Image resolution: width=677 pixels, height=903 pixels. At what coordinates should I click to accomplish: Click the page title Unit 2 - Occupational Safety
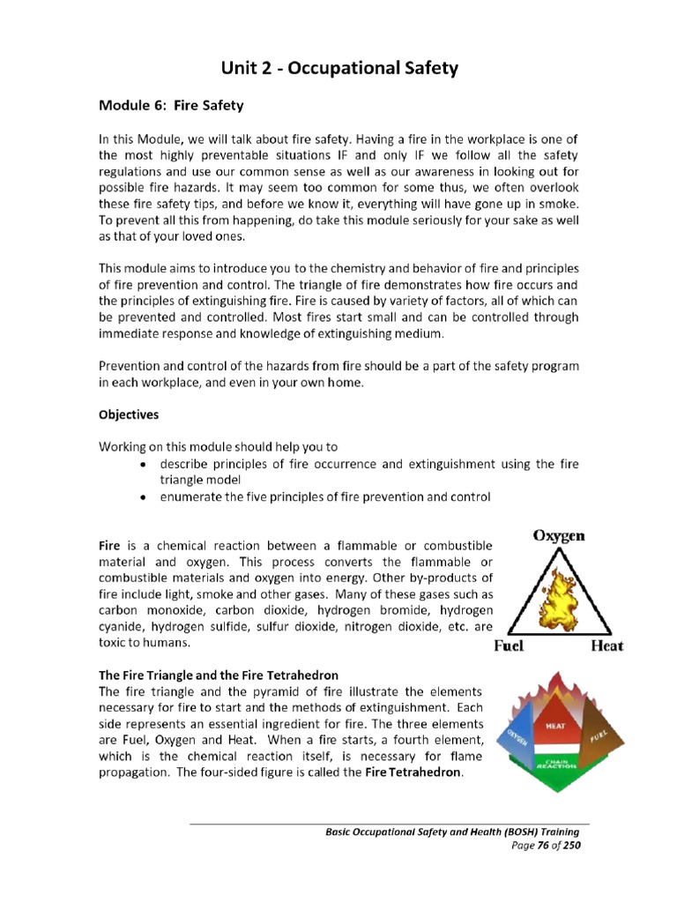coord(338,68)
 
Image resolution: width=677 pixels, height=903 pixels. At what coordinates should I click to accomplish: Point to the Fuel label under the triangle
coord(509,646)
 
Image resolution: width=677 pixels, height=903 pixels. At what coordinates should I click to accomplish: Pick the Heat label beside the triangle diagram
coord(606,646)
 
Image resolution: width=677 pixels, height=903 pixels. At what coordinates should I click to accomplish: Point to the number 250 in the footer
coord(569,844)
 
